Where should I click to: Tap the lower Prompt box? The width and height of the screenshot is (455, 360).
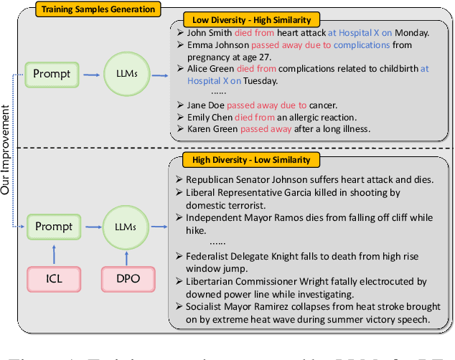[54, 227]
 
